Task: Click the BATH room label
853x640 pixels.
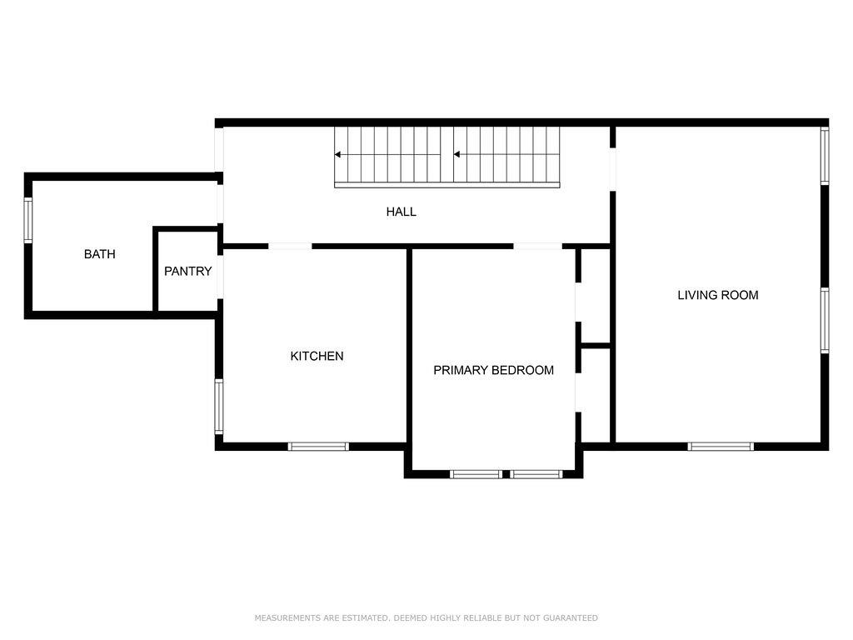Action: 100,254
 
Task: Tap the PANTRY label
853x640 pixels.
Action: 187,271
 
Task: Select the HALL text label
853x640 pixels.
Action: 401,212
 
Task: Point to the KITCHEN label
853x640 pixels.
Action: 317,356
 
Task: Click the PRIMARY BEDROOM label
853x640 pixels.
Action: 493,370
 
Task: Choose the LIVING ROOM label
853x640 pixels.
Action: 717,295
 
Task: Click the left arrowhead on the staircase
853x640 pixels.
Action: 338,154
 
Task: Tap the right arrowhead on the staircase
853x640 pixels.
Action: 457,154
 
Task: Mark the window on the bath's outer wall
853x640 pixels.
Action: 27,220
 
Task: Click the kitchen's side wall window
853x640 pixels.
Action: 219,407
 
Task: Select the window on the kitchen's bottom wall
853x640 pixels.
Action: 318,447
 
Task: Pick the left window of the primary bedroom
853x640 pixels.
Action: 476,474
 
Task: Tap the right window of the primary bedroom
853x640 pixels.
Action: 536,474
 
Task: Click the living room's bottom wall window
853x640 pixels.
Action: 721,447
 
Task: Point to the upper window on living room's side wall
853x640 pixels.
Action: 825,155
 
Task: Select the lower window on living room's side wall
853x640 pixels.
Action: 825,320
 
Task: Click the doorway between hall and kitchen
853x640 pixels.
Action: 290,246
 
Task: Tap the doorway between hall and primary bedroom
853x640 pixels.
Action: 537,246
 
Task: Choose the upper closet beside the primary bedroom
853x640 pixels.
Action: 596,296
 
